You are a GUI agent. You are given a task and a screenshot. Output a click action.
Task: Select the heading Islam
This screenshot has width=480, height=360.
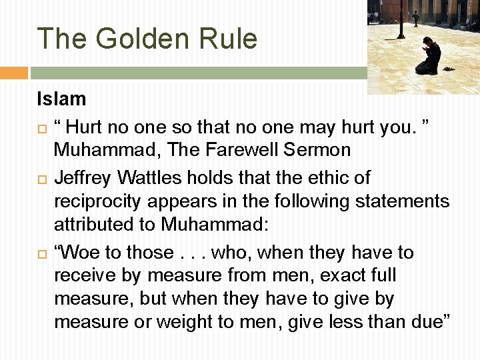coord(61,99)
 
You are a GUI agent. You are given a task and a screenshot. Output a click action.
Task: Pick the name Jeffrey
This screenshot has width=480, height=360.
coord(84,178)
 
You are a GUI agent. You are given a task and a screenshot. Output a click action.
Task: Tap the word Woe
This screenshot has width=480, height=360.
coord(78,253)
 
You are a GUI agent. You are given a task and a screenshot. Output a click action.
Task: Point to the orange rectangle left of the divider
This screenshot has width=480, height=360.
coord(13,73)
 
